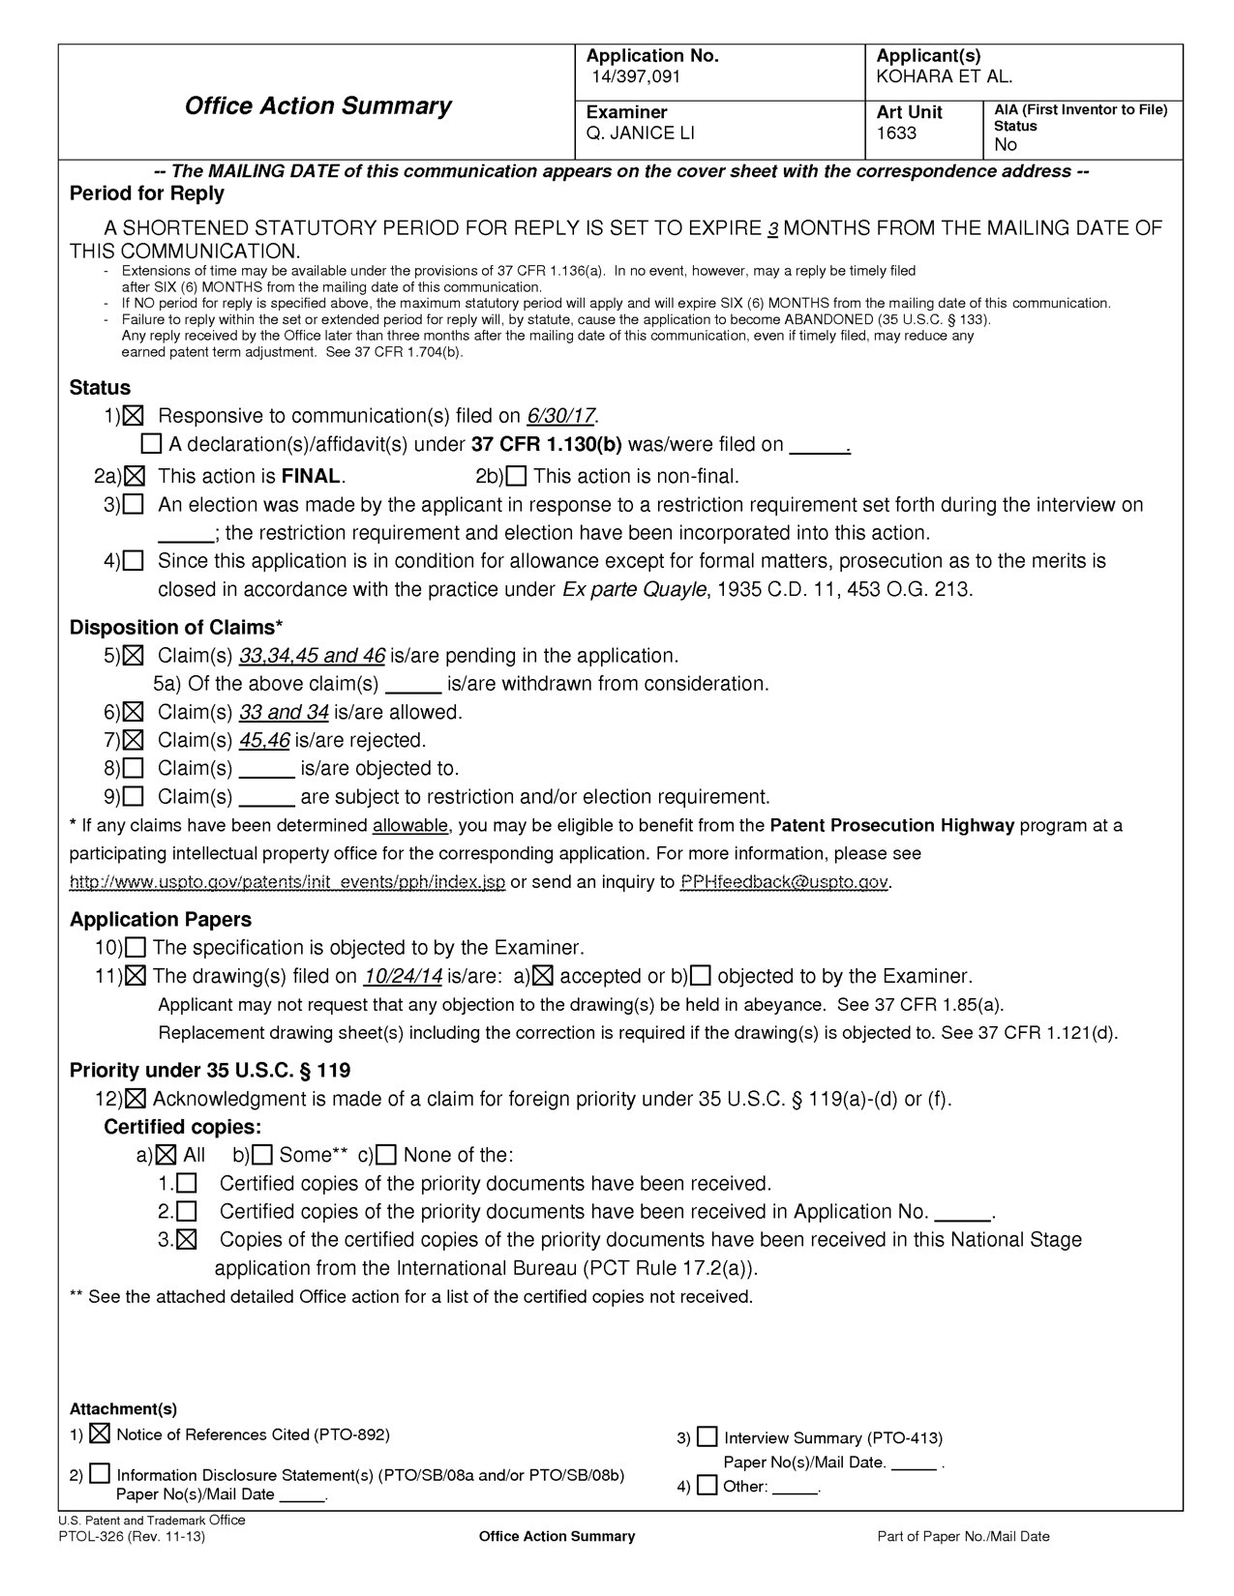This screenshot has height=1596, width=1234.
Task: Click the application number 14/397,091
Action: pyautogui.click(x=638, y=76)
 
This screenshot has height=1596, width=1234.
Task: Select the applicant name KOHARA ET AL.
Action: pyautogui.click(x=944, y=76)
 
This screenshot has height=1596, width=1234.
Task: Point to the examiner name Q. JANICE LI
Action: pyautogui.click(x=641, y=133)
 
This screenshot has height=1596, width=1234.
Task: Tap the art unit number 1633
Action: pyautogui.click(x=896, y=133)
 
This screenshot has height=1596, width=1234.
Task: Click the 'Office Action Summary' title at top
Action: pyautogui.click(x=317, y=105)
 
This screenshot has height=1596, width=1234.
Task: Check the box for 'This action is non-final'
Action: pyautogui.click(x=516, y=476)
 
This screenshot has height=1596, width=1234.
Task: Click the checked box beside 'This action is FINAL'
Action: pyautogui.click(x=135, y=476)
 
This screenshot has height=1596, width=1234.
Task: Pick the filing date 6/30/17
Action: pyautogui.click(x=560, y=416)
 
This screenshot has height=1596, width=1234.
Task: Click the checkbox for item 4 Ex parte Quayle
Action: pyautogui.click(x=135, y=561)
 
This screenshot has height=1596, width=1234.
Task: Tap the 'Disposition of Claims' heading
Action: pyautogui.click(x=176, y=627)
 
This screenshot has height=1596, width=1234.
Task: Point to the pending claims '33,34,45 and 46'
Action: pyautogui.click(x=312, y=656)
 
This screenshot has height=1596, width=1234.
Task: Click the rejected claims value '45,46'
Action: pyautogui.click(x=264, y=741)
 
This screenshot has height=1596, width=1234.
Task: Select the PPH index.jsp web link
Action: pyautogui.click(x=287, y=882)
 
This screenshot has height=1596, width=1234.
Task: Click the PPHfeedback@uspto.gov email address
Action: pyautogui.click(x=784, y=882)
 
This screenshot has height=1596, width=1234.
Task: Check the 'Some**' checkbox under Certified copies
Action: pyautogui.click(x=263, y=1155)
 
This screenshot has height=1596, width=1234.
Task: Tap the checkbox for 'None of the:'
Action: pyautogui.click(x=387, y=1155)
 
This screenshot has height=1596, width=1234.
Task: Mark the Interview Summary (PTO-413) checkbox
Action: pyautogui.click(x=707, y=1437)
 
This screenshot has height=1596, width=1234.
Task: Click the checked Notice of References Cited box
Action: pyautogui.click(x=100, y=1433)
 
